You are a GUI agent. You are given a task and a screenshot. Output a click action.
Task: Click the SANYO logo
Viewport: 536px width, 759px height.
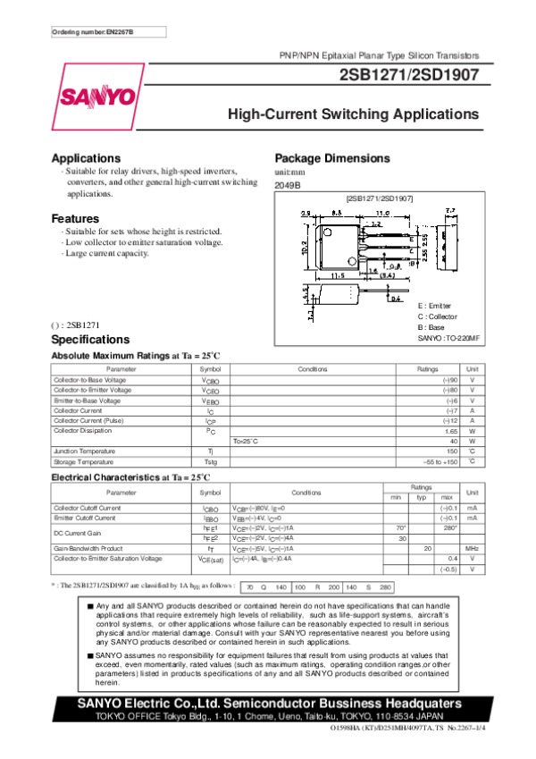pyautogui.click(x=96, y=96)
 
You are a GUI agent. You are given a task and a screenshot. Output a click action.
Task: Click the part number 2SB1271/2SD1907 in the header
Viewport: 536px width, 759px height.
pyautogui.click(x=408, y=76)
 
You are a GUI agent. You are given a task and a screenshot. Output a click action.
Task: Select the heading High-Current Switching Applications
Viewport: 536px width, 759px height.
pyautogui.click(x=354, y=115)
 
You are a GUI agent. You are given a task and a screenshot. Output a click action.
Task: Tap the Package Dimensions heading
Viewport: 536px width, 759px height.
pyautogui.click(x=332, y=158)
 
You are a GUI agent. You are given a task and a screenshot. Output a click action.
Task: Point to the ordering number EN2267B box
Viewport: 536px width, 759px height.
pyautogui.click(x=93, y=32)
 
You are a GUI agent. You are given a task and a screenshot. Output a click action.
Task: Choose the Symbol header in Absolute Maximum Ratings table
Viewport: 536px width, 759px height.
pyautogui.click(x=210, y=369)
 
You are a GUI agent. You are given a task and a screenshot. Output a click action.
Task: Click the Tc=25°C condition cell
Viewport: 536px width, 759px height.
pyautogui.click(x=246, y=441)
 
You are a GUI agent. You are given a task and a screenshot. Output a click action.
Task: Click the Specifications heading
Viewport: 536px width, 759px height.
pyautogui.click(x=90, y=341)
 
